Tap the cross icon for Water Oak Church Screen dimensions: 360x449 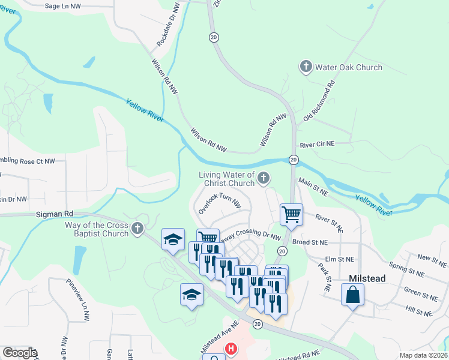[306, 67]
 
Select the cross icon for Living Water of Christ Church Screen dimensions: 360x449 [264, 178]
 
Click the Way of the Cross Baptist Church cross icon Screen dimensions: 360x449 [138, 228]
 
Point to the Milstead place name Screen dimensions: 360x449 [367, 279]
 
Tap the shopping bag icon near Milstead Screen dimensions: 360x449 [352, 295]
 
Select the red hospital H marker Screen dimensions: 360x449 [231, 349]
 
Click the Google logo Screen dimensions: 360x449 [19, 353]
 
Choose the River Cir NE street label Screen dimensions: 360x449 [317, 145]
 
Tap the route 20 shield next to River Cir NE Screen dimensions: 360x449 [294, 159]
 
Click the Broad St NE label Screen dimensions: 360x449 [310, 242]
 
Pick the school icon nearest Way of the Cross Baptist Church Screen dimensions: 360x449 [173, 239]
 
